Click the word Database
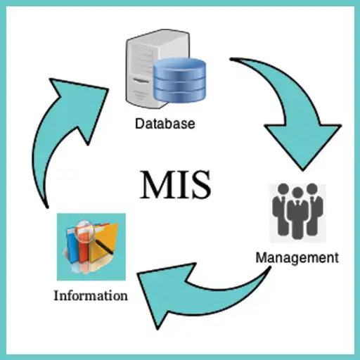165,124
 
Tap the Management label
297,258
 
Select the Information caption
91,295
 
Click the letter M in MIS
157,184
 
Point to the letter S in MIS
200,184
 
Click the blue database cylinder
180,80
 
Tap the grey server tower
150,69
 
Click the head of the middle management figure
298,193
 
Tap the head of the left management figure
283,189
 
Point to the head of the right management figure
312,189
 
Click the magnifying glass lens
84,231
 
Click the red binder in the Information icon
83,251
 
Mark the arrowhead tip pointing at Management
302,170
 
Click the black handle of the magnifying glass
103,245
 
